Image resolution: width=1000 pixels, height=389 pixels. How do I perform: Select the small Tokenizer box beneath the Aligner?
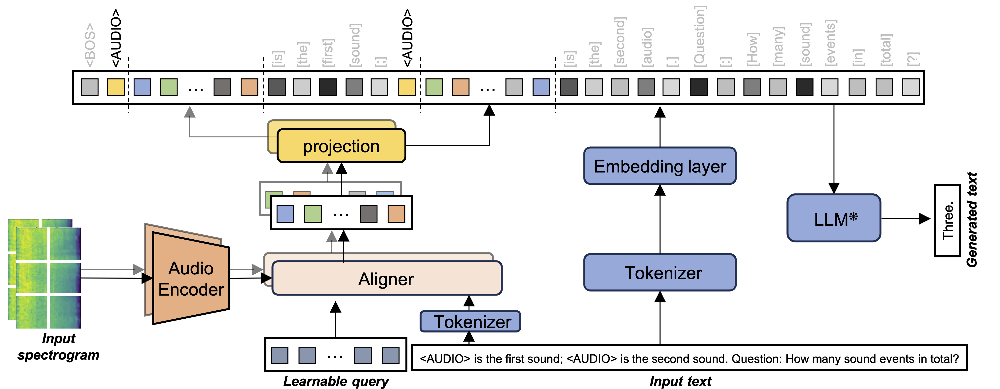point(470,322)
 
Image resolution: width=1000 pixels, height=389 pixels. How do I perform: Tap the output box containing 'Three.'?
point(947,220)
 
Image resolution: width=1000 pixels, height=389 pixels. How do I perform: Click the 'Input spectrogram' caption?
point(58,347)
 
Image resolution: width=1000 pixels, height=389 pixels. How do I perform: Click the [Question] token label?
point(699,36)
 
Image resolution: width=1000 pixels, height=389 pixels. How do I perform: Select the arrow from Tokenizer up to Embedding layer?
point(660,220)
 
